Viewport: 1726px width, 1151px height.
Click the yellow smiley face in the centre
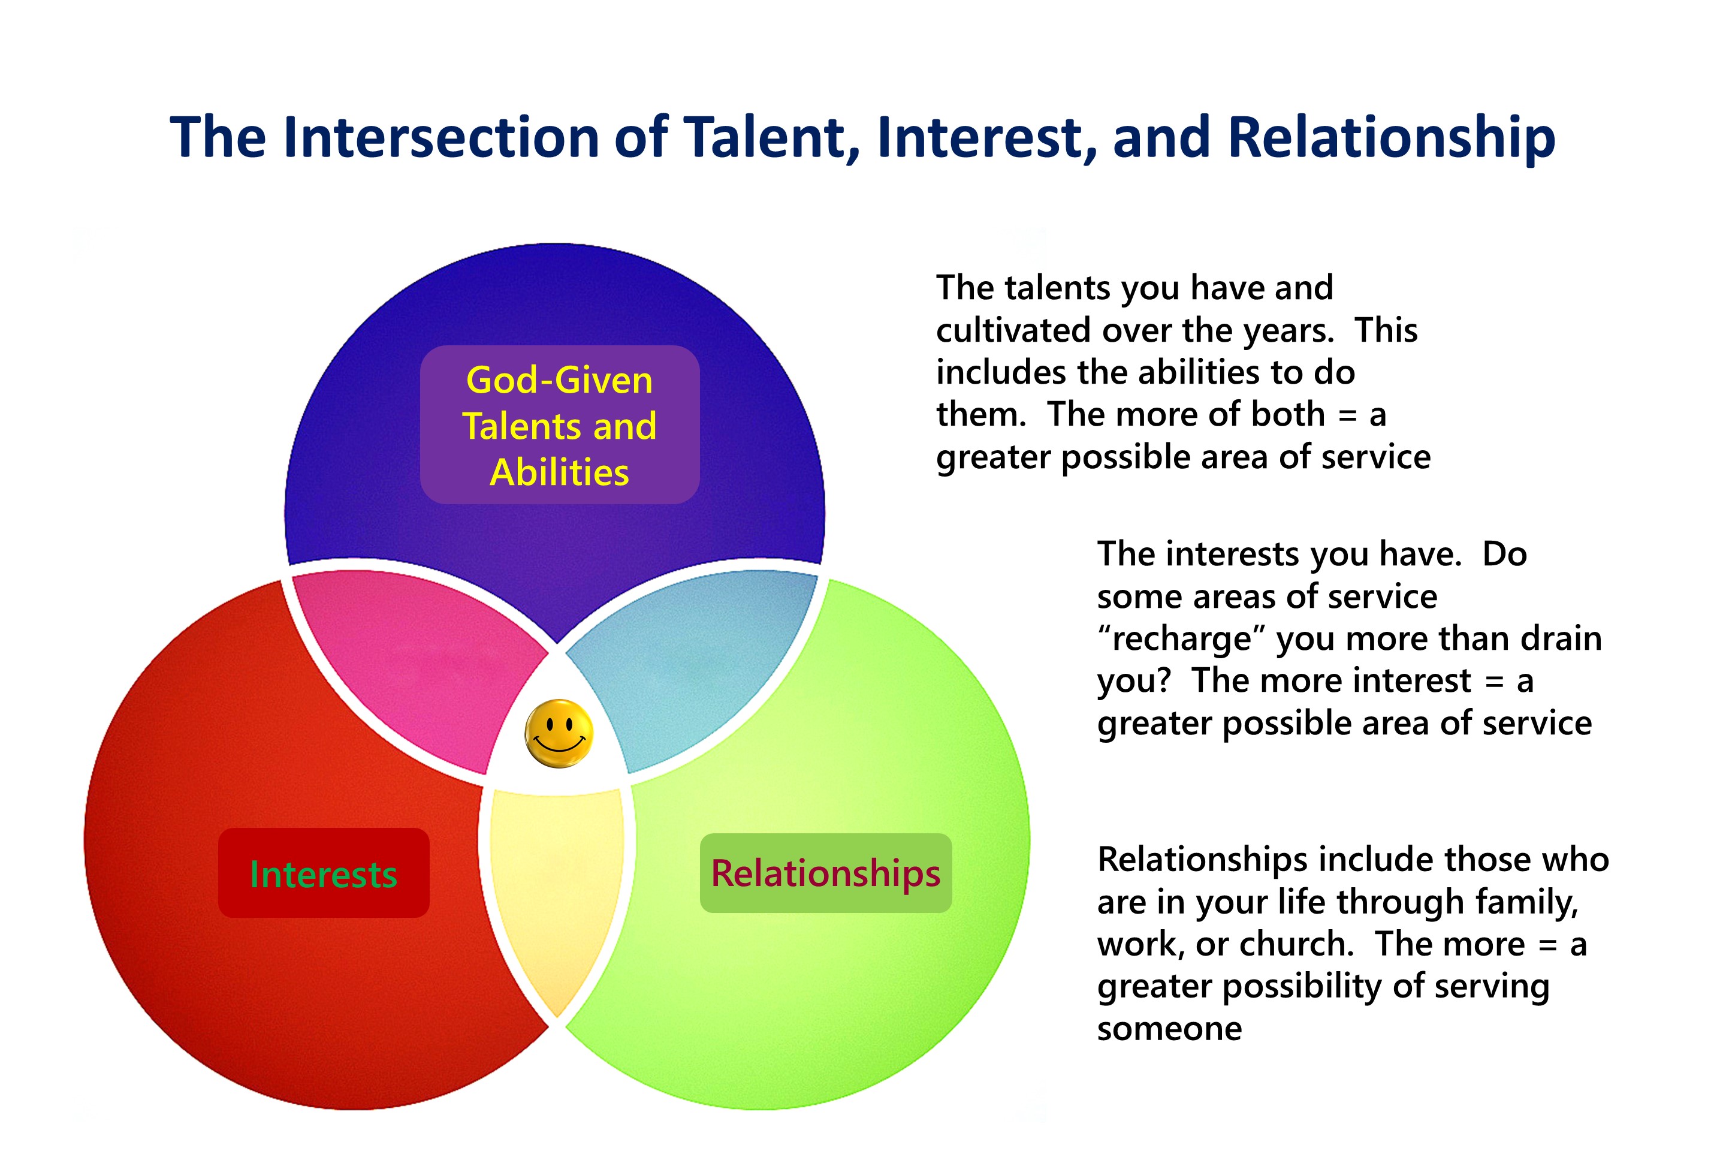pyautogui.click(x=559, y=733)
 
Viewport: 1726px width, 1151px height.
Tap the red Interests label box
pyautogui.click(x=324, y=873)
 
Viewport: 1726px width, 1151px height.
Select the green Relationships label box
pyautogui.click(x=826, y=873)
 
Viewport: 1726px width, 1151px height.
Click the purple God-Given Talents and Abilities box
pyautogui.click(x=559, y=424)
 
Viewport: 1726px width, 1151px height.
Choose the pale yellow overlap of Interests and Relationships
pyautogui.click(x=557, y=896)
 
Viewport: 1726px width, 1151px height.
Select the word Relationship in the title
pyautogui.click(x=1392, y=138)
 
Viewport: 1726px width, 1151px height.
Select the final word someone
pyautogui.click(x=1169, y=1029)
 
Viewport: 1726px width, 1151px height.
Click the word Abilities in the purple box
pyautogui.click(x=559, y=472)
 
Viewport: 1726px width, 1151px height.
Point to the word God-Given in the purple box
pyautogui.click(x=559, y=380)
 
